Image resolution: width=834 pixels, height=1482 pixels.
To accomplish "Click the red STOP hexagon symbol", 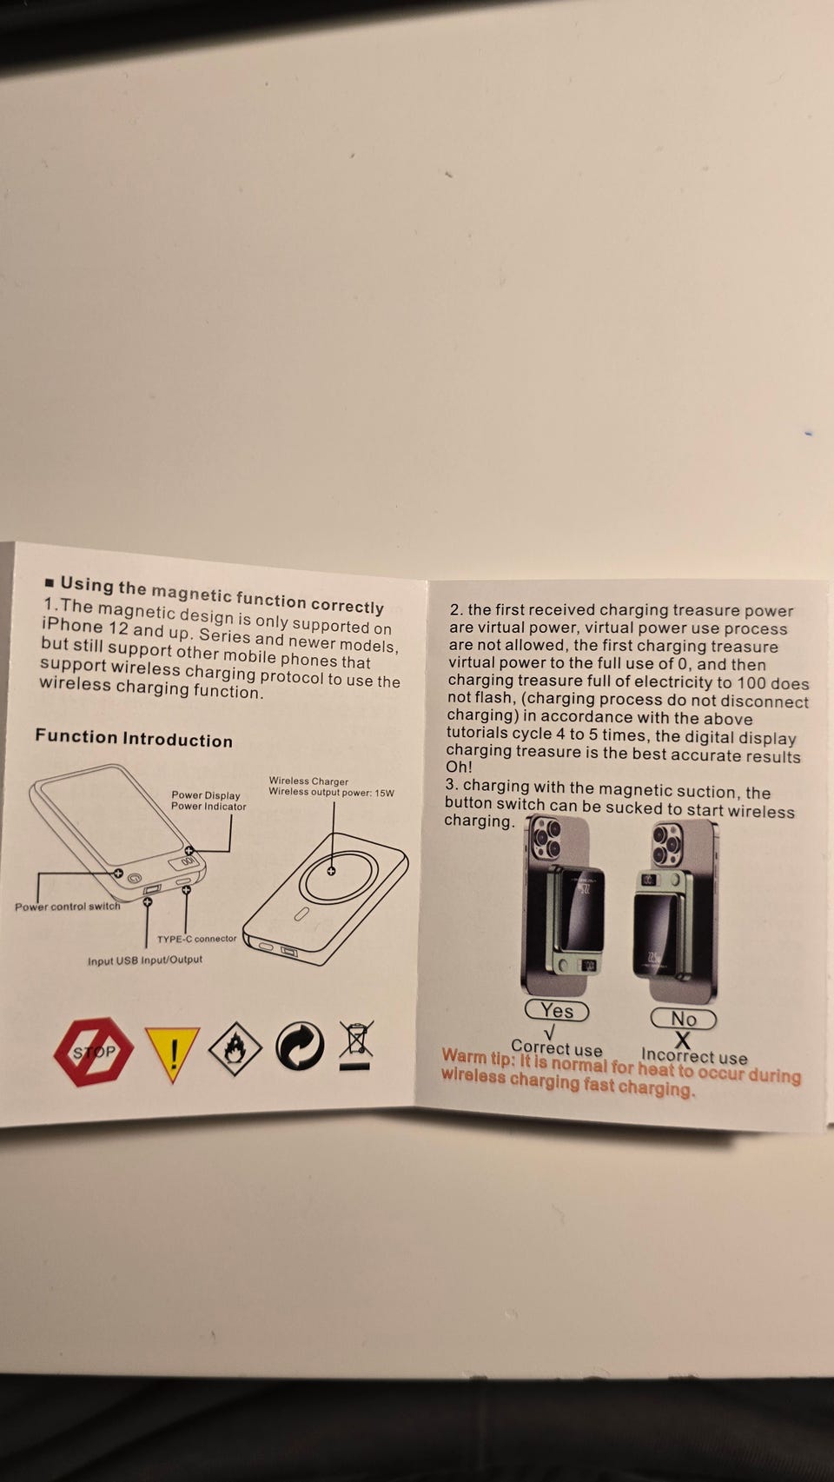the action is [93, 1051].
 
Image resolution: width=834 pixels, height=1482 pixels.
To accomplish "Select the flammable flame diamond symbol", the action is [235, 1048].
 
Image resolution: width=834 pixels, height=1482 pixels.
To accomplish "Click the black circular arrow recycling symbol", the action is [300, 1046].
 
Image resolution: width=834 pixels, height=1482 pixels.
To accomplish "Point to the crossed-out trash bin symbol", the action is [356, 1045].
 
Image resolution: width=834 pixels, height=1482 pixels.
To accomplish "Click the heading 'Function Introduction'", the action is [134, 738].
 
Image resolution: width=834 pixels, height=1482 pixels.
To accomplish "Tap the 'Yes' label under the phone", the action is [557, 1010].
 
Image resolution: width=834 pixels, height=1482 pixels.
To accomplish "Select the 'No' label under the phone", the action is [683, 1018].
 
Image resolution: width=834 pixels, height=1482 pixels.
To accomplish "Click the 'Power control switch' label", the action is [68, 907].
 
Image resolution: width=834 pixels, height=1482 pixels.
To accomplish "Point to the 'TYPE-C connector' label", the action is [196, 938].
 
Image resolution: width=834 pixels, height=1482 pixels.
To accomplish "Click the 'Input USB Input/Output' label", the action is [145, 960].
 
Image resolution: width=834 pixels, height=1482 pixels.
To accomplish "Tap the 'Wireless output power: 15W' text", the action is [331, 792].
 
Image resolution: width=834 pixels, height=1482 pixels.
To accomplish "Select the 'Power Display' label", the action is [206, 794].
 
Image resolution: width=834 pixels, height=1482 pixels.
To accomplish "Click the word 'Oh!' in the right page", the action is [460, 767].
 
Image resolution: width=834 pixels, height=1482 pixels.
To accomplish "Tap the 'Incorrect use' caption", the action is [694, 1056].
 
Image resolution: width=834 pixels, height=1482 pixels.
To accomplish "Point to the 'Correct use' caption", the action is [557, 1048].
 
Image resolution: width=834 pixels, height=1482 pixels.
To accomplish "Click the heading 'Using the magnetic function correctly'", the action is [222, 595].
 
